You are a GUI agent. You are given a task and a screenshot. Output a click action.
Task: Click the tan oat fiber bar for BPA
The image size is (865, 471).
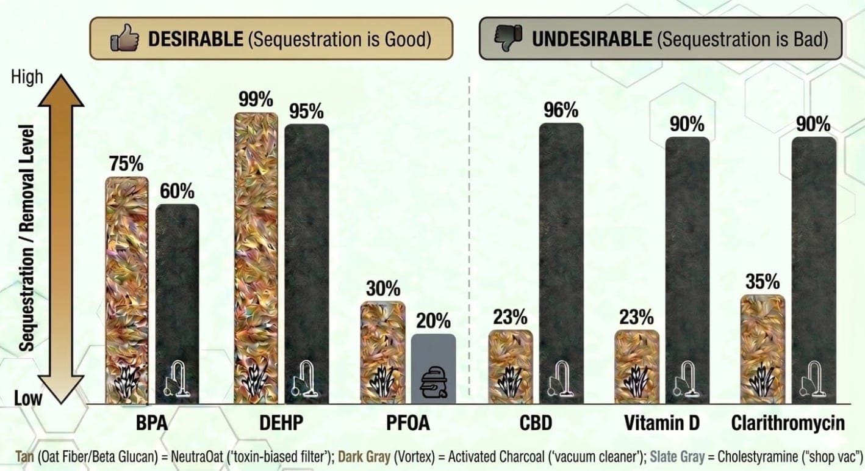pos(127,287)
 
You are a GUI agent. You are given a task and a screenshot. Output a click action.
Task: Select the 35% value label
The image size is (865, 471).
pos(763,282)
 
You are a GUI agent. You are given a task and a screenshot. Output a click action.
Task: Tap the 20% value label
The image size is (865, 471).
pos(434,321)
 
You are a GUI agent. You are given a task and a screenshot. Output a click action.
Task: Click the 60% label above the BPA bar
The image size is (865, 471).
pos(177,191)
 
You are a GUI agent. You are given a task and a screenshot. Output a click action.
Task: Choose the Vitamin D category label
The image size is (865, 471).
pos(662,423)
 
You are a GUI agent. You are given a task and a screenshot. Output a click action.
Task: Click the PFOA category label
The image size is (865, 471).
pos(409,423)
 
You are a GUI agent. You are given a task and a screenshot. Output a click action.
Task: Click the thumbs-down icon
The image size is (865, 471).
pos(508,38)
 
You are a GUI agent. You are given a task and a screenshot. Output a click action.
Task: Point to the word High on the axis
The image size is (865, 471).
pos(27,77)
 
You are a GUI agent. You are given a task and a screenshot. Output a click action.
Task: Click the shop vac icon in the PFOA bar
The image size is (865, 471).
pos(434,384)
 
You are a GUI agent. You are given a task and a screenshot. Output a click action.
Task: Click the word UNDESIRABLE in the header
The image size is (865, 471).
pos(591,40)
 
